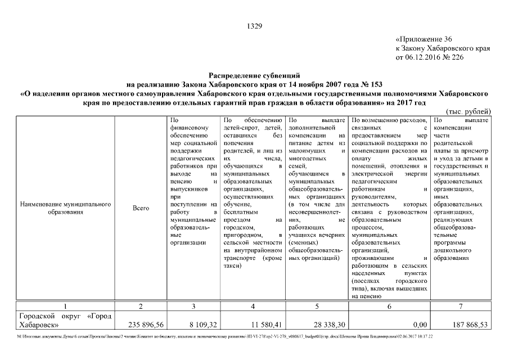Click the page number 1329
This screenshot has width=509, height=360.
coord(255,26)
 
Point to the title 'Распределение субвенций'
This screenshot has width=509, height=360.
coord(255,74)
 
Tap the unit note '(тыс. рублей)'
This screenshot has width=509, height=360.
coord(468,111)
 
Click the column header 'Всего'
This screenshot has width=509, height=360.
coord(141,208)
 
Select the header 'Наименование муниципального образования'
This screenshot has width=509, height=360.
coord(65,208)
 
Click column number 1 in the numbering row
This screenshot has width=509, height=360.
coord(65,306)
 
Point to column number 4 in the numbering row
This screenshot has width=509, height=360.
coord(253,306)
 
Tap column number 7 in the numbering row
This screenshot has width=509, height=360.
coord(461,306)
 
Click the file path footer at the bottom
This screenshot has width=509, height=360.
coord(225,336)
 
